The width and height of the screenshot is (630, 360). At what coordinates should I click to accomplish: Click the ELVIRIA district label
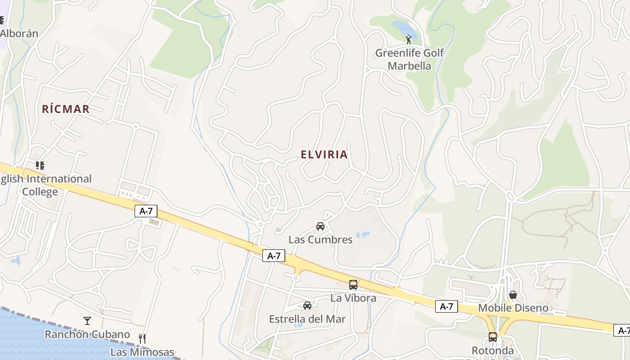click(x=324, y=155)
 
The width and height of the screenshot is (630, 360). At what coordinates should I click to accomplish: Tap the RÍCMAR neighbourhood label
click(x=66, y=109)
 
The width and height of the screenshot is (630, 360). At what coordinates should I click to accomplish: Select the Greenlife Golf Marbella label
click(x=409, y=59)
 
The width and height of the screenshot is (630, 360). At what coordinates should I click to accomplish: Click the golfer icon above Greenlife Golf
click(x=409, y=40)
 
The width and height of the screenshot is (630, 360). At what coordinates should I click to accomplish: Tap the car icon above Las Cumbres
click(x=320, y=226)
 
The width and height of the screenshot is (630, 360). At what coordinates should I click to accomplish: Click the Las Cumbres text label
click(x=320, y=239)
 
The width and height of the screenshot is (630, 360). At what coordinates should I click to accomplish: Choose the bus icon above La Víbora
click(x=353, y=284)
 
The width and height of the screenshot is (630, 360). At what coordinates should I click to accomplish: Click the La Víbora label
click(x=353, y=298)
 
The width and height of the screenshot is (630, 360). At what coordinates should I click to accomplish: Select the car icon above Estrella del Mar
click(x=307, y=306)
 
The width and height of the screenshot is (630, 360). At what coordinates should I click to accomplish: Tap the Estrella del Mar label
click(x=307, y=319)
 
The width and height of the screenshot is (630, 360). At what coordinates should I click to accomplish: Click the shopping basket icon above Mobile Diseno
click(x=513, y=295)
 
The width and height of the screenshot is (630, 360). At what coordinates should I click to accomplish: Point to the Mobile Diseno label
click(x=513, y=308)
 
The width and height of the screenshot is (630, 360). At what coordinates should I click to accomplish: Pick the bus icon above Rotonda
click(x=493, y=337)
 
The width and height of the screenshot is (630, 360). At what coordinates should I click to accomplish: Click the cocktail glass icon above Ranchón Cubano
click(x=87, y=321)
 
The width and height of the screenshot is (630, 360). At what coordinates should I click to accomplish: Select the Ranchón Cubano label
click(x=87, y=334)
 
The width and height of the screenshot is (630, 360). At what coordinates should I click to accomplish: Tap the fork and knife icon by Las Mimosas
click(x=142, y=338)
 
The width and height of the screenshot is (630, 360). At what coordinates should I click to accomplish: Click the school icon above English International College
click(x=40, y=166)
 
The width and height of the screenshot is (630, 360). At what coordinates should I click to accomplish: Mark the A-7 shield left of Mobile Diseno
click(x=446, y=307)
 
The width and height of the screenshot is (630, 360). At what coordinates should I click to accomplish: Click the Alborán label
click(x=19, y=33)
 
